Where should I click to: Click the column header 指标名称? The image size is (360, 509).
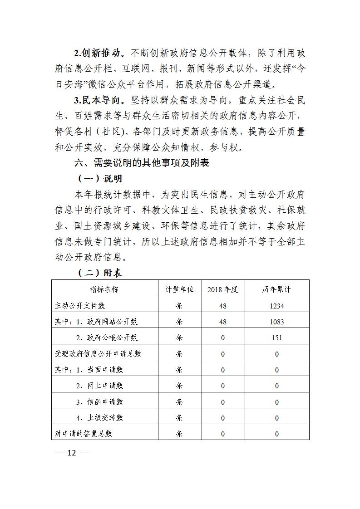tap(104, 289)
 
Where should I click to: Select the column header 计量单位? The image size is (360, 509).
tap(179, 289)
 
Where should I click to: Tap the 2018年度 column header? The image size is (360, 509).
tap(222, 289)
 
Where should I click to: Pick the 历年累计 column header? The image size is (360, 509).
tap(276, 289)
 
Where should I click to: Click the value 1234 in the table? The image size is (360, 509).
tap(276, 306)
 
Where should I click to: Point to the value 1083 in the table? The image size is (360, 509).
tap(276, 322)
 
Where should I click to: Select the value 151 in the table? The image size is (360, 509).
tap(276, 338)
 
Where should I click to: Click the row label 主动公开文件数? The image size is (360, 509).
tap(79, 306)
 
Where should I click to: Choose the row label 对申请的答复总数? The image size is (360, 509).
tap(83, 433)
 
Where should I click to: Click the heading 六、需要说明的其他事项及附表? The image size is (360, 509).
tap(142, 162)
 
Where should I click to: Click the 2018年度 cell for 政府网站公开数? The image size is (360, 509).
tap(222, 322)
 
